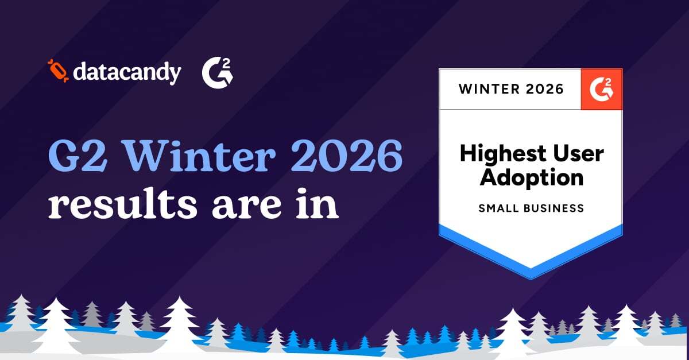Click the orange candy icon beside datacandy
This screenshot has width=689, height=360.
click(58, 71)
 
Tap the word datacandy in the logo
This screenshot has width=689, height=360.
click(127, 73)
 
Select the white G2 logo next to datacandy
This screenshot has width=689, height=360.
click(217, 73)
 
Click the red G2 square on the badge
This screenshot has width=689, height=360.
click(602, 89)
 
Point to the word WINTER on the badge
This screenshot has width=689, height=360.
click(489, 89)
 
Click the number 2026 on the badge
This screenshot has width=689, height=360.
click(544, 89)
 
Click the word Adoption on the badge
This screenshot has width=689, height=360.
click(532, 177)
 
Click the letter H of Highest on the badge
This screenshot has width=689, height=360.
click(467, 154)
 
